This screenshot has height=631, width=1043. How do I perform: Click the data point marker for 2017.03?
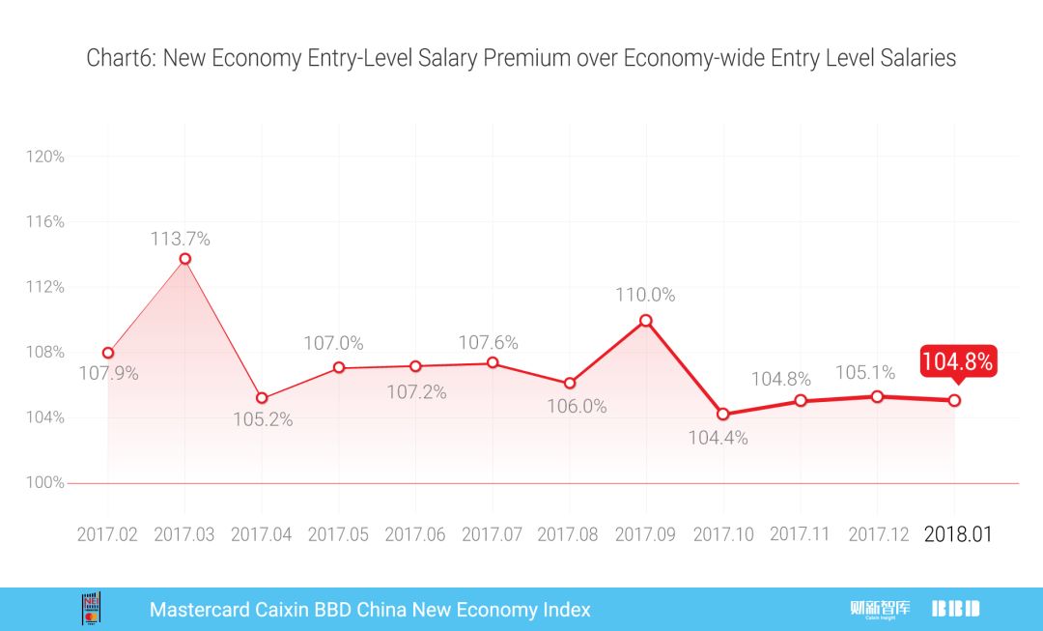tap(184, 259)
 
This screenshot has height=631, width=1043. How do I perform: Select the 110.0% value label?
tap(645, 295)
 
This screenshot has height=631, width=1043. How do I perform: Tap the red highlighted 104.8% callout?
tap(957, 361)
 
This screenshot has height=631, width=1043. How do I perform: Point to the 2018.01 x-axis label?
tap(958, 534)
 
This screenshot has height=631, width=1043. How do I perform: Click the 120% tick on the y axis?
tap(46, 157)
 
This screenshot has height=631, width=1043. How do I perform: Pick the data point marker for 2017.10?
tap(723, 414)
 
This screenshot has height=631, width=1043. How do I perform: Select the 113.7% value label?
tap(180, 238)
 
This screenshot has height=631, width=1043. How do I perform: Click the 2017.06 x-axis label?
tap(415, 534)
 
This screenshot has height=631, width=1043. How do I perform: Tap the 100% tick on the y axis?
tap(46, 482)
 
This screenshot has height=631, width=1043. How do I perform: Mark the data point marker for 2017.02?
tap(108, 353)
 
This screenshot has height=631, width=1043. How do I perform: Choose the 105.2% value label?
tap(263, 420)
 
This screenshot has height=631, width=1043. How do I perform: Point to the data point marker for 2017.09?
tap(646, 320)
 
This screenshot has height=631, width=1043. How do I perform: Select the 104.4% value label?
tap(718, 438)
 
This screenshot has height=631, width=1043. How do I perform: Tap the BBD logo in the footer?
tap(956, 609)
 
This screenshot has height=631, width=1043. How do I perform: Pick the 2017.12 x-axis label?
tap(878, 534)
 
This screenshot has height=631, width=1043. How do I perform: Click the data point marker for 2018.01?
tap(954, 400)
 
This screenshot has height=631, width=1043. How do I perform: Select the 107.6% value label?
tap(488, 342)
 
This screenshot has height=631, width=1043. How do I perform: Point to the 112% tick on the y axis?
tap(46, 287)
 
